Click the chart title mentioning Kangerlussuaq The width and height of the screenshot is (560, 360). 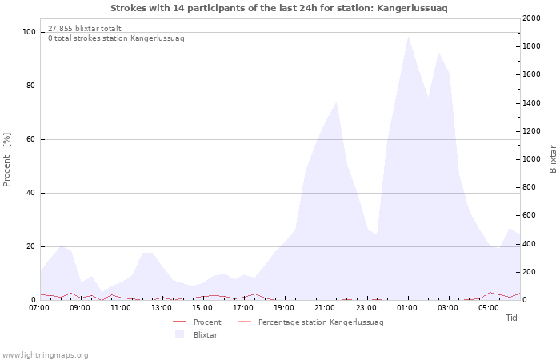[279, 8]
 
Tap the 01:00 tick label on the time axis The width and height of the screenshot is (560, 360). [407, 308]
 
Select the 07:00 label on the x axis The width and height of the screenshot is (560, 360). [39, 308]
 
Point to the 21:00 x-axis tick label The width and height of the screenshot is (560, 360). [326, 308]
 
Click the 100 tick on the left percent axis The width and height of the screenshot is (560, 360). [30, 32]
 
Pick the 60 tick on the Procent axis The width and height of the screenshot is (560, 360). [31, 139]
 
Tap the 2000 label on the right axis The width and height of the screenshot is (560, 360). [531, 18]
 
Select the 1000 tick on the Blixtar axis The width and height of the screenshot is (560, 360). [531, 159]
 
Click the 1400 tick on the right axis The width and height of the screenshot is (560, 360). [531, 103]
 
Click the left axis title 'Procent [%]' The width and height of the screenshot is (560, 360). [6, 160]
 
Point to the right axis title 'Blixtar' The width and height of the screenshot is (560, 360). [553, 159]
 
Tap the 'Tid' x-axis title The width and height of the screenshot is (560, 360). [511, 318]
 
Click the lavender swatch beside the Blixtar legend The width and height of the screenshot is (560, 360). [179, 334]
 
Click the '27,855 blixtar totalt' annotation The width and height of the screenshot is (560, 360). [85, 29]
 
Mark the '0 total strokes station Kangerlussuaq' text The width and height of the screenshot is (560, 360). [117, 38]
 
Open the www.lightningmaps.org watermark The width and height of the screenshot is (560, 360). [44, 355]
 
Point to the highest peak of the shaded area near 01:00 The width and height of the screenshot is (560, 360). [408, 37]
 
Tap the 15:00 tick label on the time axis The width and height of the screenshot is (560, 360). [202, 308]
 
